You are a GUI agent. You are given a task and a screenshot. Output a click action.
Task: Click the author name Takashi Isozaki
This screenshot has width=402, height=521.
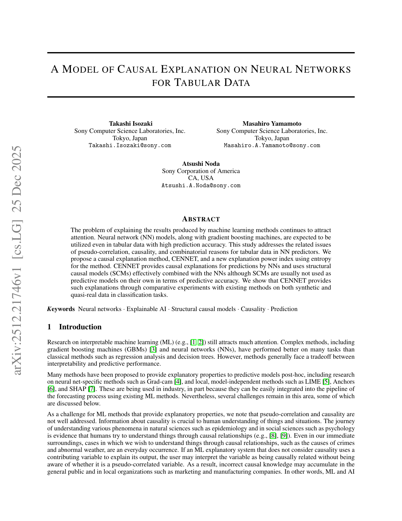(131, 123)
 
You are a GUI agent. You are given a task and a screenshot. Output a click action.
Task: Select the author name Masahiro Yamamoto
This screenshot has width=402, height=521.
(272, 123)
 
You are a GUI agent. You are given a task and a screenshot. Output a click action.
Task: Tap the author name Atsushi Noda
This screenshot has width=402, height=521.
(201, 164)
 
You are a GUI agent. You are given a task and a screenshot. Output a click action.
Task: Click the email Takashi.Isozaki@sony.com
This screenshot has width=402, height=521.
(130, 146)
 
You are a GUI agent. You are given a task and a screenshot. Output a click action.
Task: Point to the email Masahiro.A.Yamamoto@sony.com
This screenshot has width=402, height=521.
(272, 146)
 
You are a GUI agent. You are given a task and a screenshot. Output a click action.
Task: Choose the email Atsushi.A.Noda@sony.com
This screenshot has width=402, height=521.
(201, 186)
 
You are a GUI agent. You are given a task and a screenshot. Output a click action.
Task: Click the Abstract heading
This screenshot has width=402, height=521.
(201, 219)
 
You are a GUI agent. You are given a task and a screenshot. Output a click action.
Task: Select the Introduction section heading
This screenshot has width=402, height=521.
(80, 327)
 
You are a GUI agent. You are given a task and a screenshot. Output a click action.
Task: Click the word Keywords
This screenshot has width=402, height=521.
(61, 309)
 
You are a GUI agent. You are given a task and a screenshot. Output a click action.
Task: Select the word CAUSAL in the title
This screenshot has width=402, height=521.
(137, 69)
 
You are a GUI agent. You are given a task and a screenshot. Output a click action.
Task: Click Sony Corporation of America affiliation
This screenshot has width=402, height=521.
(201, 171)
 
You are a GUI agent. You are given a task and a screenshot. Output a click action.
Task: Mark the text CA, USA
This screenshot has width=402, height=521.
(201, 178)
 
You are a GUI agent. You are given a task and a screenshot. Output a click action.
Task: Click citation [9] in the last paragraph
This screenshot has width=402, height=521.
(284, 436)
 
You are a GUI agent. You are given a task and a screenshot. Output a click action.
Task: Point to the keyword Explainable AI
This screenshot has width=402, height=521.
(146, 309)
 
